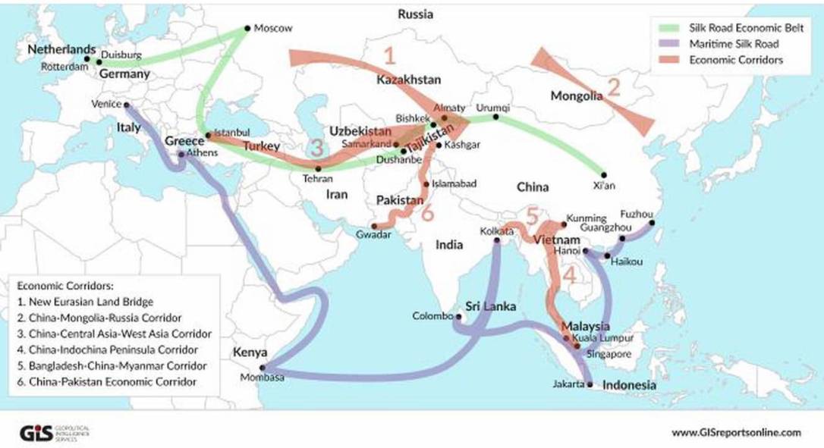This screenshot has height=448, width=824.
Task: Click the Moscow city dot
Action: [x=247, y=29]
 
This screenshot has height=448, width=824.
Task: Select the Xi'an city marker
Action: [x=604, y=174]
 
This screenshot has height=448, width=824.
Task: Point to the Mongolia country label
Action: [x=576, y=96]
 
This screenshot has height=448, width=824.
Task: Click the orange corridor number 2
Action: [x=614, y=86]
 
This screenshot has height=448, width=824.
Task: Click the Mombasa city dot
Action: [x=263, y=367]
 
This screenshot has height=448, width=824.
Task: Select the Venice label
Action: [x=105, y=105]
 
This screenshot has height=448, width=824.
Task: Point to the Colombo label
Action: [x=432, y=316]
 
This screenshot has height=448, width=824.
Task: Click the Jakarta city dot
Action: [x=590, y=384]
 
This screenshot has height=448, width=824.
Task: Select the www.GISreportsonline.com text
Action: [x=736, y=432]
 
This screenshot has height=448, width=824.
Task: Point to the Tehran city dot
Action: [x=318, y=168]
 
